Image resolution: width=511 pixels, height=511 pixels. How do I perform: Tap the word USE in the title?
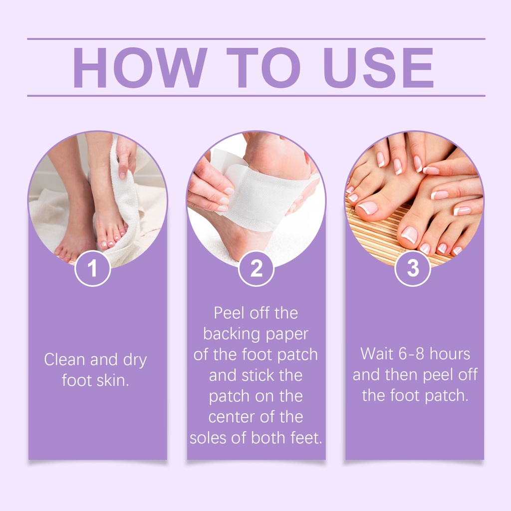point(379,67)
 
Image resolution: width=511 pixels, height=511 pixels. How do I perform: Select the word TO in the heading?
point(263,67)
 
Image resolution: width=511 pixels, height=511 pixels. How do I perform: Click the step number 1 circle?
point(93,268)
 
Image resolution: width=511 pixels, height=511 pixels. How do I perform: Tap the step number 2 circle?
point(256,268)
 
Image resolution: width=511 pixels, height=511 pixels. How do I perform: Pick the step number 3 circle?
point(413,268)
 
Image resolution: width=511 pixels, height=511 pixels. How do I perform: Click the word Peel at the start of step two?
point(229,313)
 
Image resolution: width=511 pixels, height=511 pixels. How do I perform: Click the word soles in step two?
point(209,438)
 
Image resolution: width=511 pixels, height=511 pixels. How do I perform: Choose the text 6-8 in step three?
point(411,354)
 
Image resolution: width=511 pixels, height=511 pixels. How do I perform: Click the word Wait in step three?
point(377,354)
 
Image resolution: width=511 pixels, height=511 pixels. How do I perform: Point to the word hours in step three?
point(450,354)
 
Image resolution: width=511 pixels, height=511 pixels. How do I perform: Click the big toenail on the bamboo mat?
point(368,208)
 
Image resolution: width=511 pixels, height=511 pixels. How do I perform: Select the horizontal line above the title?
point(256,39)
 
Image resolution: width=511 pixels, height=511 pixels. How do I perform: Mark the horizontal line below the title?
point(256,96)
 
